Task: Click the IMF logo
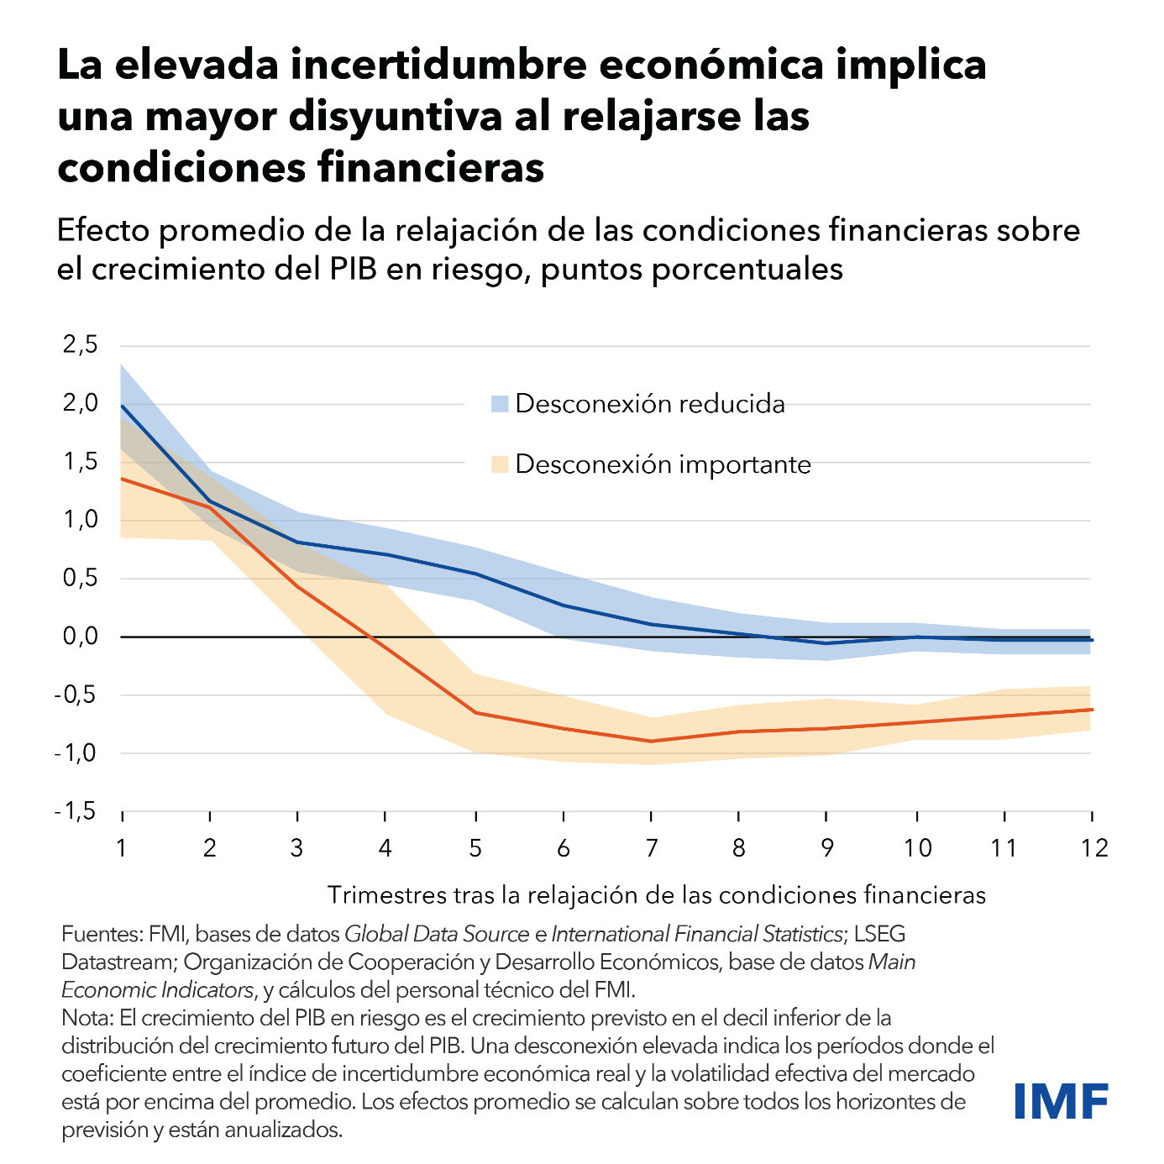pyautogui.click(x=1061, y=1101)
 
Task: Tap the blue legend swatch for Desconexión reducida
pyautogui.click(x=501, y=404)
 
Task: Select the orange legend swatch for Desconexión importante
pyautogui.click(x=501, y=464)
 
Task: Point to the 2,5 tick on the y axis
pyautogui.click(x=81, y=344)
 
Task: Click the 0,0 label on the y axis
pyautogui.click(x=81, y=637)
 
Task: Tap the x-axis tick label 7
pyautogui.click(x=651, y=848)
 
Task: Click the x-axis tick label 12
pyautogui.click(x=1093, y=848)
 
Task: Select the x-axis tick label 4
pyautogui.click(x=385, y=848)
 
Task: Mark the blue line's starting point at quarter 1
pyautogui.click(x=122, y=406)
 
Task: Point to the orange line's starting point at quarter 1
pyautogui.click(x=122, y=479)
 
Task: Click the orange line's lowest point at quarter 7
pyautogui.click(x=651, y=741)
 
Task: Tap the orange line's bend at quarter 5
pyautogui.click(x=475, y=712)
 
